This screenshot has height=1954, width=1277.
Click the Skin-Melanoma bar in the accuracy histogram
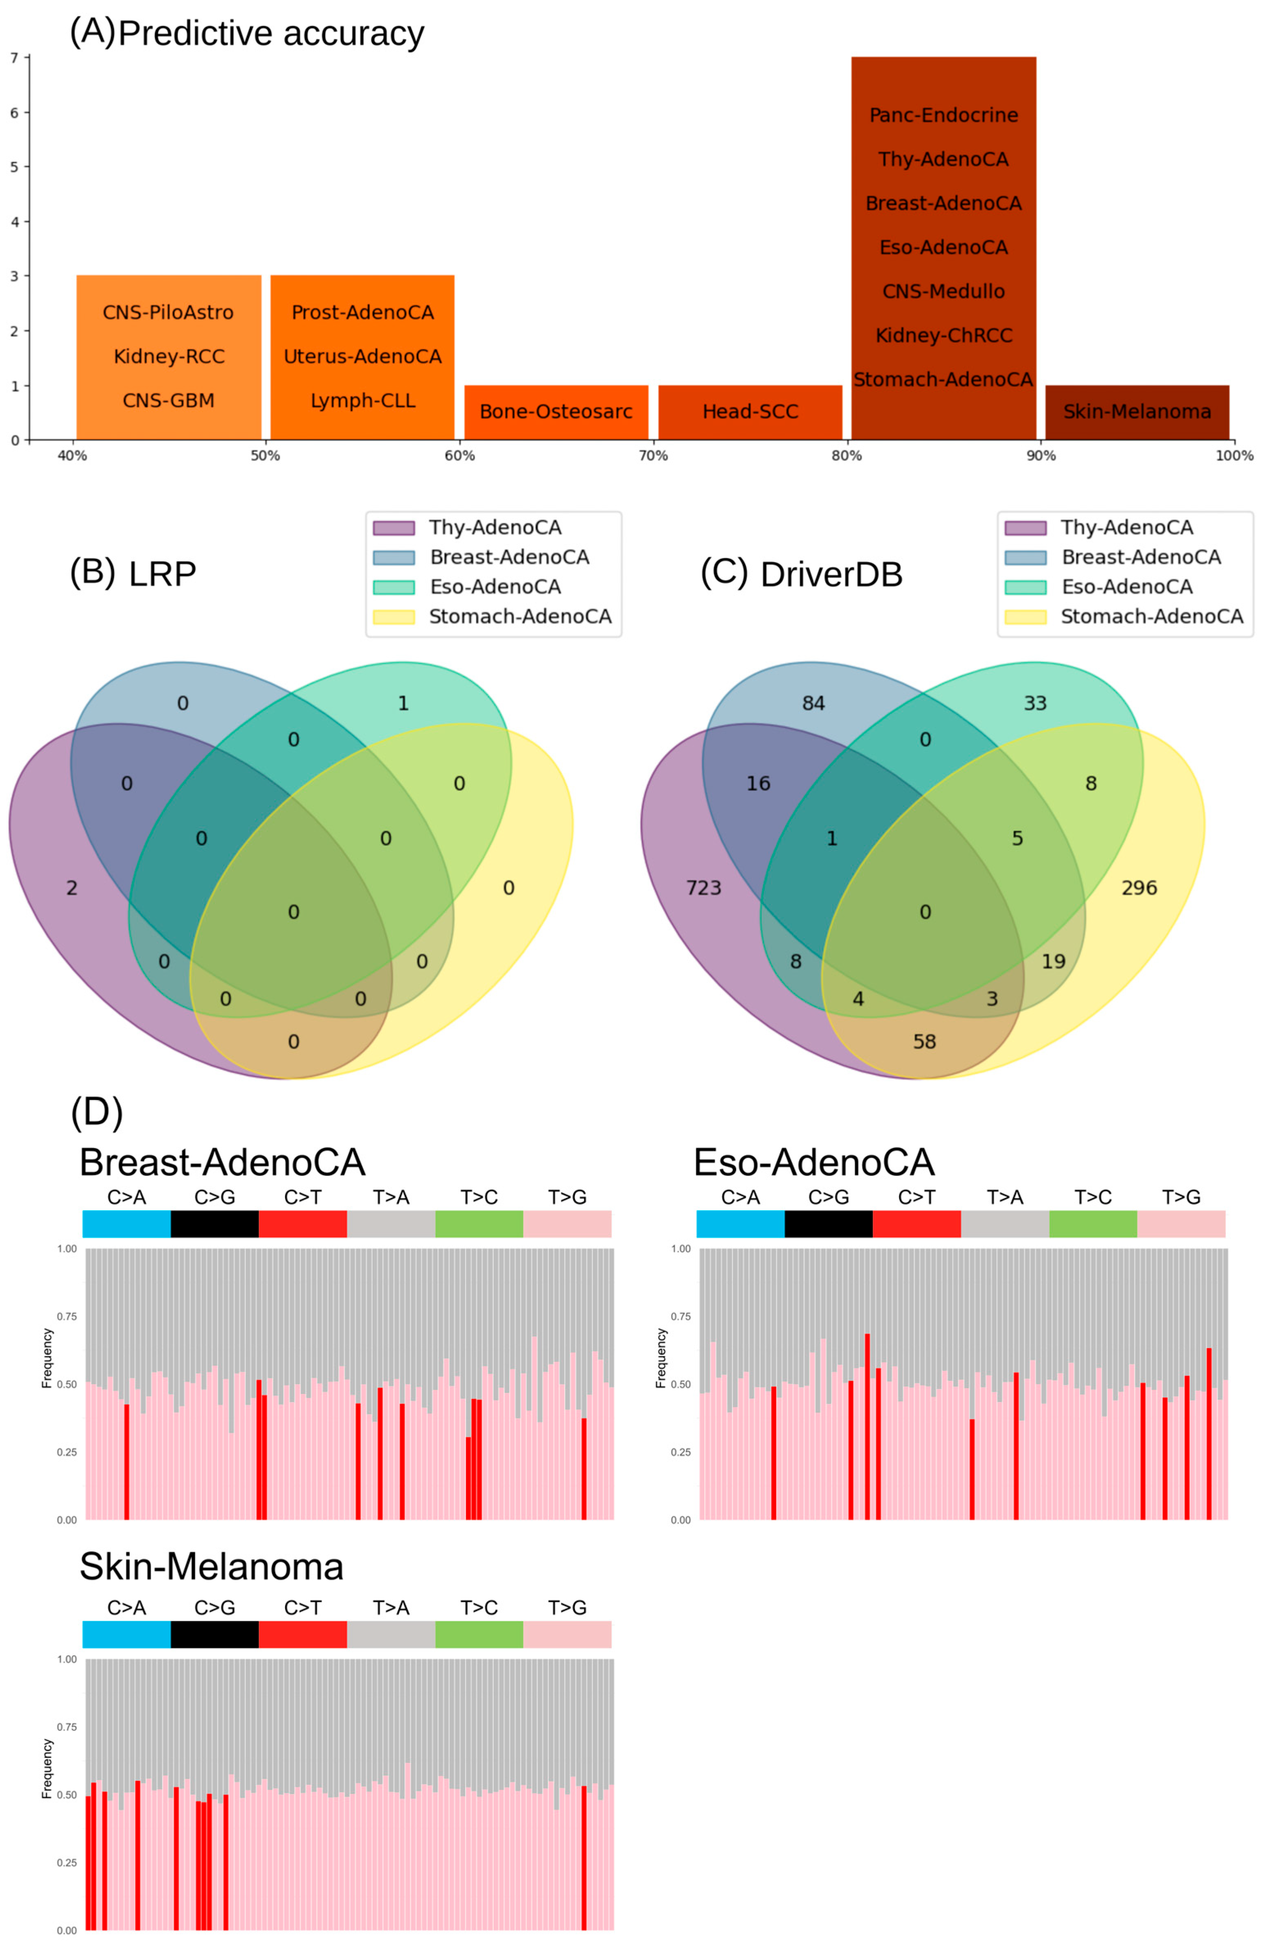click(1137, 412)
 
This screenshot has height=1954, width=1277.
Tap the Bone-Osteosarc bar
click(556, 412)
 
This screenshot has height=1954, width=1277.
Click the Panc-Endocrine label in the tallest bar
click(943, 115)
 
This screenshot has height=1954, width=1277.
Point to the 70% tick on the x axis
click(653, 455)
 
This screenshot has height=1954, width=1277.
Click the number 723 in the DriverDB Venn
click(703, 888)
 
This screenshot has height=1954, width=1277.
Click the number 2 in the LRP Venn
click(72, 888)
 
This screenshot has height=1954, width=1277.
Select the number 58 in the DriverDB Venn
click(924, 1041)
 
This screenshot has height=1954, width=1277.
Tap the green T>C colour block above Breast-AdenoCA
click(478, 1223)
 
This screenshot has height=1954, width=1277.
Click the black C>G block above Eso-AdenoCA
click(828, 1223)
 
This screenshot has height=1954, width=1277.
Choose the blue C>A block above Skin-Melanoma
click(126, 1634)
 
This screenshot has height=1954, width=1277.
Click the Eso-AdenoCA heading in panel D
click(813, 1162)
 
